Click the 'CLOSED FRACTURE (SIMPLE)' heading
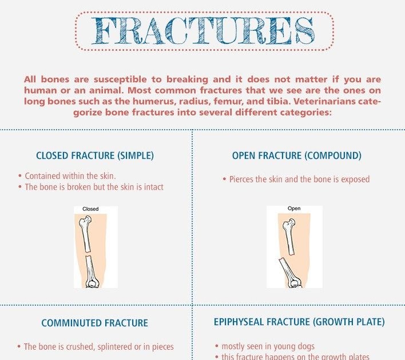[95, 155]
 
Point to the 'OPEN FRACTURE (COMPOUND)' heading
[296, 155]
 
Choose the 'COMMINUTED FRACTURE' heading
[94, 323]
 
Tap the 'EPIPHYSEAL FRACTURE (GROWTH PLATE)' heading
[299, 322]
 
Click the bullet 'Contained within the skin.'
[67, 176]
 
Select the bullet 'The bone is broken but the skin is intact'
[91, 187]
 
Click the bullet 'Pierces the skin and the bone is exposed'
[296, 179]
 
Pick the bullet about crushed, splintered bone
[96, 347]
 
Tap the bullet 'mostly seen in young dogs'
[265, 346]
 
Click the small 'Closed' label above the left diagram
[90, 209]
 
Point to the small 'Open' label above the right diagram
[294, 208]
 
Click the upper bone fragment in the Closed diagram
[85, 234]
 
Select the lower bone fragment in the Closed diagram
[92, 271]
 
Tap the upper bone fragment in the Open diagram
[289, 237]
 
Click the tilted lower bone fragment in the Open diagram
[290, 273]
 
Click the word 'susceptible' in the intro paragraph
[120, 79]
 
